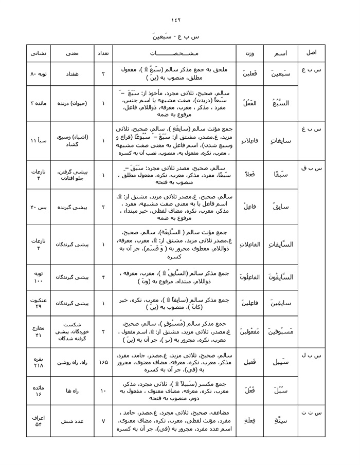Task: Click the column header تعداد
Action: point(103,53)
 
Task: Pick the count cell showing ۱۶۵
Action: point(103,362)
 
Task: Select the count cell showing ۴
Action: point(103,277)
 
